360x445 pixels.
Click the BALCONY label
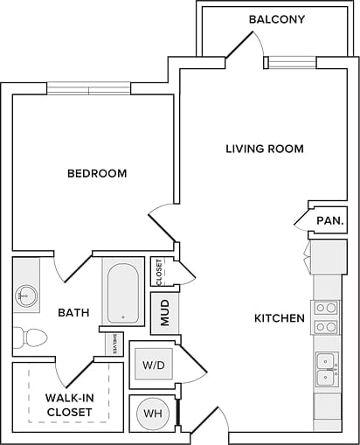click(x=276, y=19)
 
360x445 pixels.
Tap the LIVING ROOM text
click(x=265, y=149)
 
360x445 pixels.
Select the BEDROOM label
click(x=97, y=173)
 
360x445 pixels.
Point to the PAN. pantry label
click(x=329, y=221)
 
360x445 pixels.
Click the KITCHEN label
click(x=279, y=318)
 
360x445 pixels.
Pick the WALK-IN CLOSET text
click(x=69, y=404)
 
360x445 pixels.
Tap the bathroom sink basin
click(x=25, y=296)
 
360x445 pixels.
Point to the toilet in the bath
click(x=31, y=337)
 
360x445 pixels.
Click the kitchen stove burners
click(x=327, y=317)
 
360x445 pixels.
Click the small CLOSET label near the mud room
click(x=159, y=273)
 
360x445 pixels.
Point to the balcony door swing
click(x=240, y=45)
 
